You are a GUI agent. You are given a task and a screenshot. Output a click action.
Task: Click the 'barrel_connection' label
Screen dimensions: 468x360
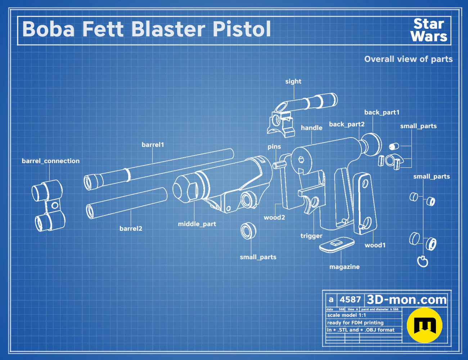pyautogui.click(x=51, y=161)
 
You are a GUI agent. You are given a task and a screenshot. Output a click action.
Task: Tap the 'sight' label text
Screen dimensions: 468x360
pyautogui.click(x=293, y=81)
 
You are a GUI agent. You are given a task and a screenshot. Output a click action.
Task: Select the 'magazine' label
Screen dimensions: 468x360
pyautogui.click(x=345, y=267)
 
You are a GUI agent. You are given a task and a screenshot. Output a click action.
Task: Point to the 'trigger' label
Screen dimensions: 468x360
pyautogui.click(x=311, y=236)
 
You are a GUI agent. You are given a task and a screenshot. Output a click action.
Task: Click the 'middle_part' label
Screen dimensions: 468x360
pyautogui.click(x=197, y=224)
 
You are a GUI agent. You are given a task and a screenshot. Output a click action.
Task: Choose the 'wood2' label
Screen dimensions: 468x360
pyautogui.click(x=274, y=217)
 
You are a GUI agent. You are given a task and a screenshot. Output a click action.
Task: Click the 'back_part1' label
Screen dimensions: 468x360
pyautogui.click(x=382, y=112)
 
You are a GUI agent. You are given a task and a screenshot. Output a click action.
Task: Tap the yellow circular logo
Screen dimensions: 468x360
pyautogui.click(x=424, y=325)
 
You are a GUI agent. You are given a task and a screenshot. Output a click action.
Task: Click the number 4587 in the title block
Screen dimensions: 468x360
pyautogui.click(x=350, y=300)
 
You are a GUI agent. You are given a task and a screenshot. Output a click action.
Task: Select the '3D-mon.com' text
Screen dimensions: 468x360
pyautogui.click(x=406, y=300)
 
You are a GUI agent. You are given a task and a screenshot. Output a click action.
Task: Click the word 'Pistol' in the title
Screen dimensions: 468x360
pyautogui.click(x=242, y=29)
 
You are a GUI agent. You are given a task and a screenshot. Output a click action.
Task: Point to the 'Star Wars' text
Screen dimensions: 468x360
pyautogui.click(x=429, y=30)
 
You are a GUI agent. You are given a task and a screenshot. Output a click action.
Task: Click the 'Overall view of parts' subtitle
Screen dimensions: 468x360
pyautogui.click(x=408, y=59)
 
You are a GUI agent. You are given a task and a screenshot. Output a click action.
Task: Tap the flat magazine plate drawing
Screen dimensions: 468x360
pyautogui.click(x=337, y=244)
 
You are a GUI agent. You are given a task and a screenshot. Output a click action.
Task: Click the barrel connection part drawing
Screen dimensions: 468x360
pyautogui.click(x=49, y=206)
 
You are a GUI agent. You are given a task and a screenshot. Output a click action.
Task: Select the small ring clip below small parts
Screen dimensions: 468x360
pyautogui.click(x=423, y=261)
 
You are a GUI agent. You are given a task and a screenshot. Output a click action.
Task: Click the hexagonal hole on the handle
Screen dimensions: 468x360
pyautogui.click(x=301, y=159)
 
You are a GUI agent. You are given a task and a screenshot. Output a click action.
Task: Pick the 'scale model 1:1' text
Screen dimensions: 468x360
pyautogui.click(x=347, y=315)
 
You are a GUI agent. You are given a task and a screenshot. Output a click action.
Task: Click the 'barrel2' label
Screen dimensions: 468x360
pyautogui.click(x=131, y=229)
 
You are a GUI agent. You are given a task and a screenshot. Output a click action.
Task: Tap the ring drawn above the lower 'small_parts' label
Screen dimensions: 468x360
pyautogui.click(x=248, y=231)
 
